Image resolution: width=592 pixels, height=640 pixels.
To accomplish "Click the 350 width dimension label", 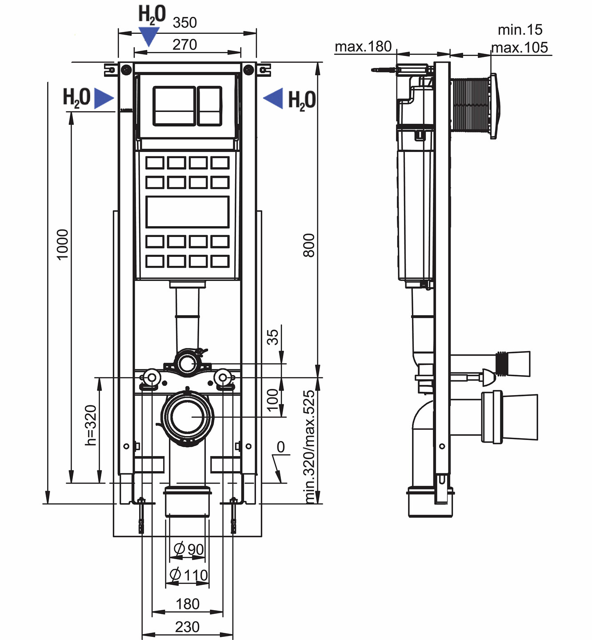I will (184, 22).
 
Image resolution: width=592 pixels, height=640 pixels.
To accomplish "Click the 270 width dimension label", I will (184, 44).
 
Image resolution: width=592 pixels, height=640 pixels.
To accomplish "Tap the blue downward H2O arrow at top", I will (148, 36).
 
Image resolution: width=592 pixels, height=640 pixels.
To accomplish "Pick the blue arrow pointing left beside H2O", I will (273, 98).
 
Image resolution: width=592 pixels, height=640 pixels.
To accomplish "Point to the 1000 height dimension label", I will (63, 244).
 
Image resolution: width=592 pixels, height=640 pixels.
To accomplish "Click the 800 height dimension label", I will (308, 245).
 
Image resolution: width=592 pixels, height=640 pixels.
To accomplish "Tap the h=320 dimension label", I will (91, 425).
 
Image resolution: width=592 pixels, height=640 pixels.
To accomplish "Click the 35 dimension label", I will (272, 336).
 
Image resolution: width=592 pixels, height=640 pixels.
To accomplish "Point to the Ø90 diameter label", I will (189, 549).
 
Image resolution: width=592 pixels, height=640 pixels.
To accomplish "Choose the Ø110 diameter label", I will (189, 575).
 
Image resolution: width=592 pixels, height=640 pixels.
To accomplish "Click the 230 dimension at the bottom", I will (187, 627).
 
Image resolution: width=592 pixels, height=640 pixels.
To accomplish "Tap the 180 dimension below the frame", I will (187, 604).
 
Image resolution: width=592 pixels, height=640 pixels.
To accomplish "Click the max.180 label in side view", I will (363, 46).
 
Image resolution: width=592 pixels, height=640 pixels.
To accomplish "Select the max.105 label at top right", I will (520, 47).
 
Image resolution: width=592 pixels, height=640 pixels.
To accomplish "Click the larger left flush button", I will (174, 106).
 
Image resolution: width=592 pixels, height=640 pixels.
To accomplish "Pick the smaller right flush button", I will (209, 106).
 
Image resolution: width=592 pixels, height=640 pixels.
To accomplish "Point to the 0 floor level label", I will (280, 447).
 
